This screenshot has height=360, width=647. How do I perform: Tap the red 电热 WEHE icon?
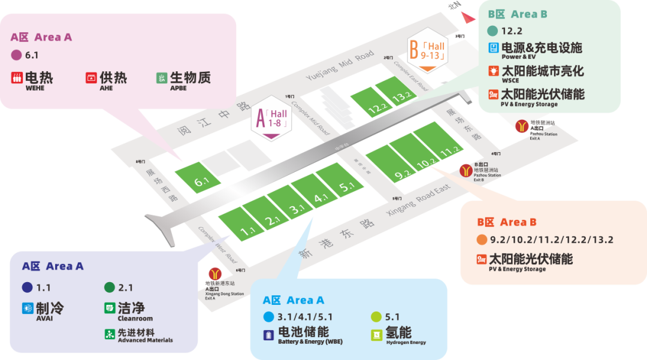pyautogui.click(x=16, y=78)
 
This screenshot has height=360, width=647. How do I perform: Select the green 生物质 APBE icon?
pyautogui.click(x=161, y=78)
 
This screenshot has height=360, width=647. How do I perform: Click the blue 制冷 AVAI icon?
pyautogui.click(x=27, y=308)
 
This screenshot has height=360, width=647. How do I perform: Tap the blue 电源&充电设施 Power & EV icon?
pyautogui.click(x=494, y=48)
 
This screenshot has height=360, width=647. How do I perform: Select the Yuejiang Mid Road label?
pyautogui.click(x=340, y=65)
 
